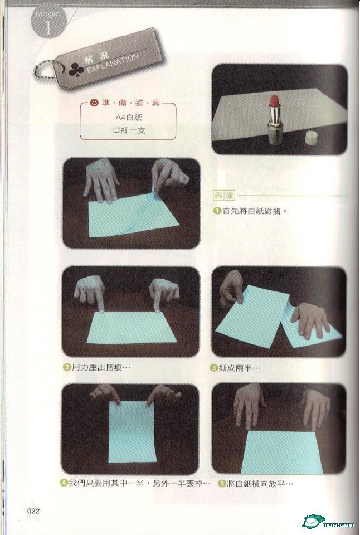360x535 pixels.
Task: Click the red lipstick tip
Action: [x=274, y=101]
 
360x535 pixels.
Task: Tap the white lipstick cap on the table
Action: [x=311, y=137]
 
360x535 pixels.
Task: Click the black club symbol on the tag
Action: [x=76, y=70]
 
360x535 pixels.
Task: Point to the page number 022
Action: [x=33, y=511]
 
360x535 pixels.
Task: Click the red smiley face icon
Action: [x=94, y=103]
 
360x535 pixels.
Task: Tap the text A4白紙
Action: [x=129, y=118]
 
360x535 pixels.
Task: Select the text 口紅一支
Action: [x=129, y=130]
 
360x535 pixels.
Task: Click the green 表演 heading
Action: [x=224, y=196]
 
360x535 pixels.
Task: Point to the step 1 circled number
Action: [x=217, y=211]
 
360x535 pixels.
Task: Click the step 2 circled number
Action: [x=67, y=367]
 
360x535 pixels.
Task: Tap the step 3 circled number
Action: [x=214, y=368]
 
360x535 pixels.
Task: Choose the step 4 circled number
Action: [x=64, y=483]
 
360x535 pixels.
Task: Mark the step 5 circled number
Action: [x=222, y=484]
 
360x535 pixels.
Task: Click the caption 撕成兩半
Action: [x=239, y=368]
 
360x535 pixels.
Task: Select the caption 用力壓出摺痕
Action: [x=101, y=367]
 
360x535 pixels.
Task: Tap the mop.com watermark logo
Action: [x=328, y=521]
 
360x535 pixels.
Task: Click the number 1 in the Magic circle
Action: [x=48, y=28]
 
